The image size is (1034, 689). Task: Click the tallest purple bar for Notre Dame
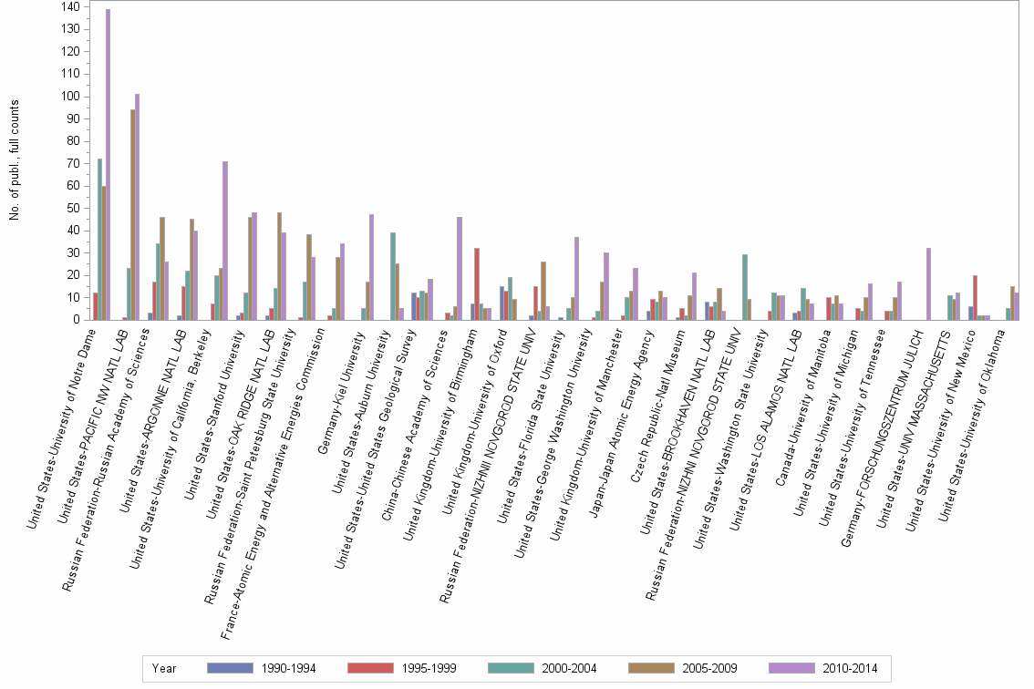109,164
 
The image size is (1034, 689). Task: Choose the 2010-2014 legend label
849,668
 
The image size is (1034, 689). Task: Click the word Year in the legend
164,668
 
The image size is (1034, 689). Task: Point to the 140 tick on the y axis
70,6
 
